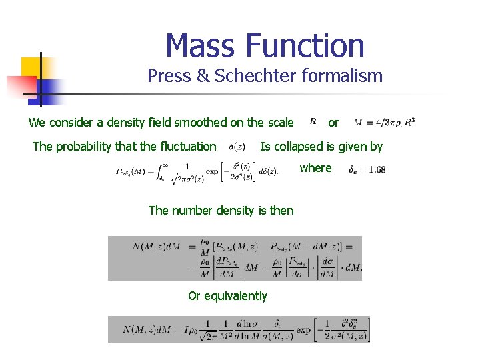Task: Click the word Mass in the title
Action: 201,47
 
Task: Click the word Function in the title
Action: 305,47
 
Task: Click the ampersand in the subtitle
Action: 203,76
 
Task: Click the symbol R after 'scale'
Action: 313,121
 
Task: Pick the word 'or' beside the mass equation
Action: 333,123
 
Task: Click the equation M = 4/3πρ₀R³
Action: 385,122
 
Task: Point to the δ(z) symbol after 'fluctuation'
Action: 237,147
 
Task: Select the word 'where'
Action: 315,168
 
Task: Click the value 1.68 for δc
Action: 377,170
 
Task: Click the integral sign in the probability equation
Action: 160,171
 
